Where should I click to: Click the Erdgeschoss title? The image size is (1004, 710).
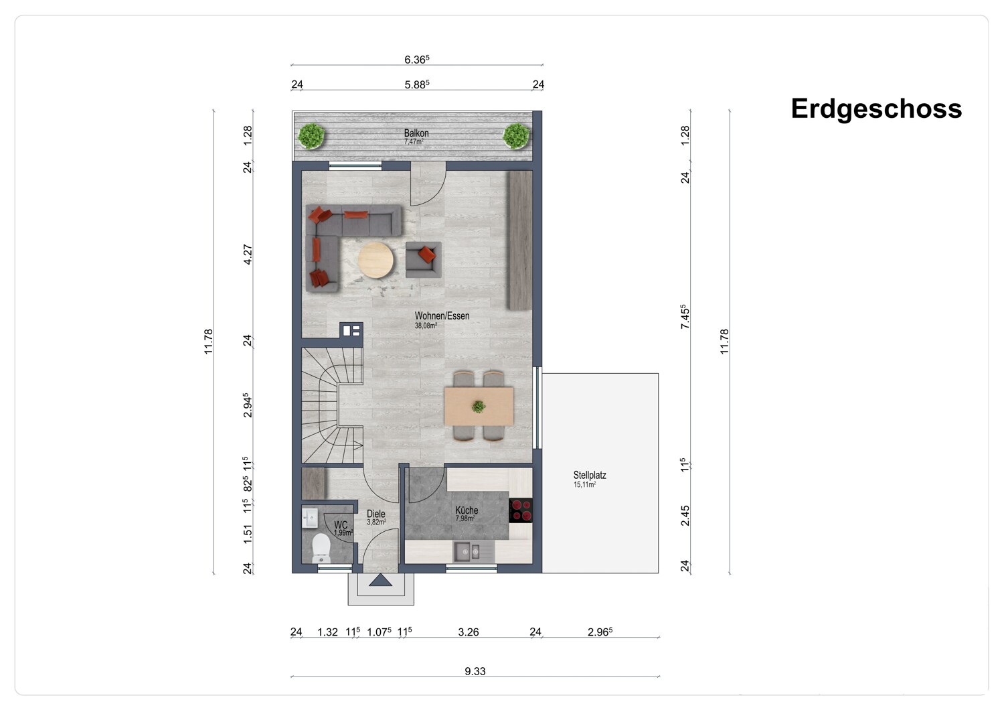(876, 109)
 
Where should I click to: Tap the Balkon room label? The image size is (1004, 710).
(416, 133)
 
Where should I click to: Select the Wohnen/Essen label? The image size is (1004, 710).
(442, 315)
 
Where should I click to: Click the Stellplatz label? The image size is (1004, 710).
(590, 475)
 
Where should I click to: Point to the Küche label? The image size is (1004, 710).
(467, 510)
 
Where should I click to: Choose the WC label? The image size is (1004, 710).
(341, 525)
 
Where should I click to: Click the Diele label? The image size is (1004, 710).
(376, 514)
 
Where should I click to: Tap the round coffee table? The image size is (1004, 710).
(375, 260)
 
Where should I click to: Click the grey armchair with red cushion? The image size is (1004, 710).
(424, 260)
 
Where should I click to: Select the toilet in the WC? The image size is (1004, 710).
(321, 548)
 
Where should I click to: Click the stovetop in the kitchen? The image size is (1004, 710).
(521, 510)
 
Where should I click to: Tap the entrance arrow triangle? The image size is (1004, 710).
(381, 580)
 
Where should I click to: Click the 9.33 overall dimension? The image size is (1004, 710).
(475, 671)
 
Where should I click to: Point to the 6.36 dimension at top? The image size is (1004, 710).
(417, 59)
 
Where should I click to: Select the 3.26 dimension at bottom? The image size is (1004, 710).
(469, 632)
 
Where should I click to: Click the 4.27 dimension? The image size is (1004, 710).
(248, 255)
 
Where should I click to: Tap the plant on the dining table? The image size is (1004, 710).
(479, 407)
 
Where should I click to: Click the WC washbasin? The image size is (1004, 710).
(310, 518)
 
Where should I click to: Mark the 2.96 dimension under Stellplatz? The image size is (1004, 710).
(600, 632)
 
